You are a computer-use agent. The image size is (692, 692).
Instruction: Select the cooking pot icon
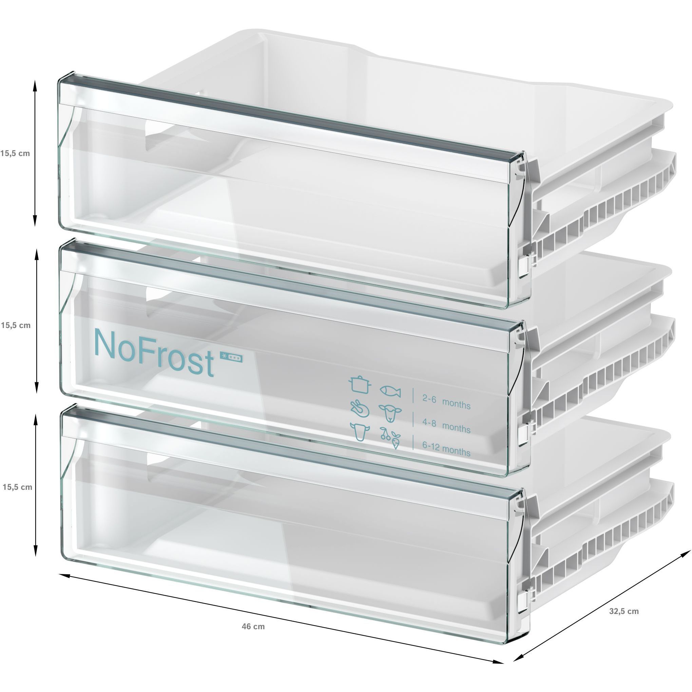coord(359,384)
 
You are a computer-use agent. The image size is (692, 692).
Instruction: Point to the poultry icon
coord(359,408)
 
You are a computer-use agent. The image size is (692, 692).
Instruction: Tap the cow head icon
coord(360,431)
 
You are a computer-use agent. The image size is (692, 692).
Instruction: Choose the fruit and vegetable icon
coord(390,438)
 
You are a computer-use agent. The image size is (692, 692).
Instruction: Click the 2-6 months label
coord(446,402)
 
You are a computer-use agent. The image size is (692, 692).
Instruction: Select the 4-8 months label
coord(446,425)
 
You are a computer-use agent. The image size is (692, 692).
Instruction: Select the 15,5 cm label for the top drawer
coord(15,154)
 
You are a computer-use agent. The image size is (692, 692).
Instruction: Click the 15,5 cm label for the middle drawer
coord(16,326)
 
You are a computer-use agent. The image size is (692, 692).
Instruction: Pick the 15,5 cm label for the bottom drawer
coord(17,487)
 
